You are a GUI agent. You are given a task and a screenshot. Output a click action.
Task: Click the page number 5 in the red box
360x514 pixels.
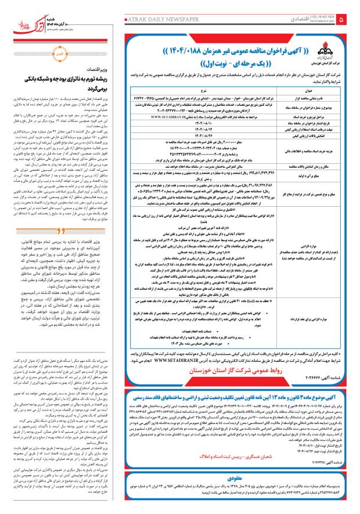click(x=351, y=21)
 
